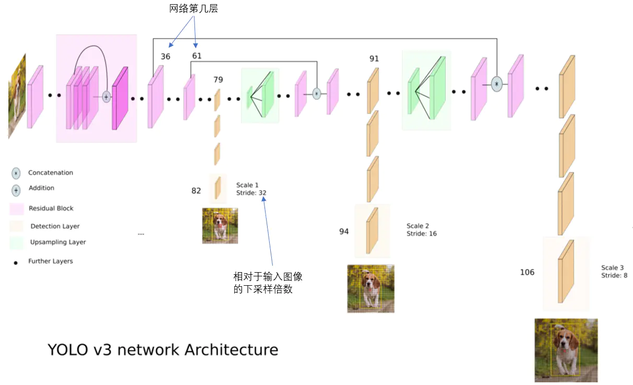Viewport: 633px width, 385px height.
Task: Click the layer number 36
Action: click(x=165, y=56)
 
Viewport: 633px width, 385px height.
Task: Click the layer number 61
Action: click(x=197, y=56)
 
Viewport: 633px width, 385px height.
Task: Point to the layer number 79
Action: click(x=218, y=79)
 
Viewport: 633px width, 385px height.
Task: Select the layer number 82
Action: click(x=196, y=191)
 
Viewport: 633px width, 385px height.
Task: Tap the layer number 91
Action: click(x=374, y=59)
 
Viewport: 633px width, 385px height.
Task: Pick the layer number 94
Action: click(x=344, y=231)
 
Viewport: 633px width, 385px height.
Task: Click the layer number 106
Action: click(x=527, y=272)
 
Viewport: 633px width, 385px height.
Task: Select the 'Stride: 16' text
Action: click(x=421, y=234)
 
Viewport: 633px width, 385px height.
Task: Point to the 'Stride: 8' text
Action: click(x=614, y=275)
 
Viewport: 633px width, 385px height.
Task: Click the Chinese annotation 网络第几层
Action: click(x=193, y=9)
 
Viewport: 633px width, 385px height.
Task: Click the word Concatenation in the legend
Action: click(x=51, y=173)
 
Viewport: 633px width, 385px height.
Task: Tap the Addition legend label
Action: click(x=41, y=188)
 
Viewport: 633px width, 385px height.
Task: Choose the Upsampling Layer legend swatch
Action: click(x=16, y=242)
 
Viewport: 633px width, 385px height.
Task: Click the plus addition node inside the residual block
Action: click(x=106, y=97)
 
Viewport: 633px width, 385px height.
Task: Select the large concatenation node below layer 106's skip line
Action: click(x=497, y=84)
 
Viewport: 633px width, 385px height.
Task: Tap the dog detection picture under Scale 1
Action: click(x=220, y=226)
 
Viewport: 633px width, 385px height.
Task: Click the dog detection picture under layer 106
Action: click(x=566, y=350)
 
